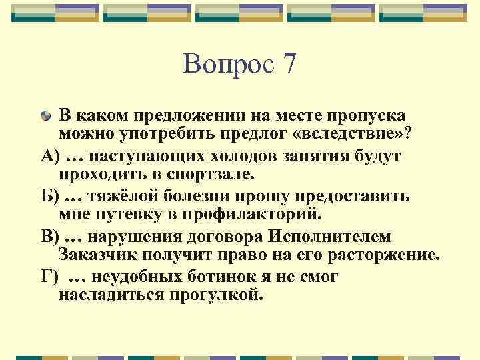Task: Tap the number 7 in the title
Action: [289, 64]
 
